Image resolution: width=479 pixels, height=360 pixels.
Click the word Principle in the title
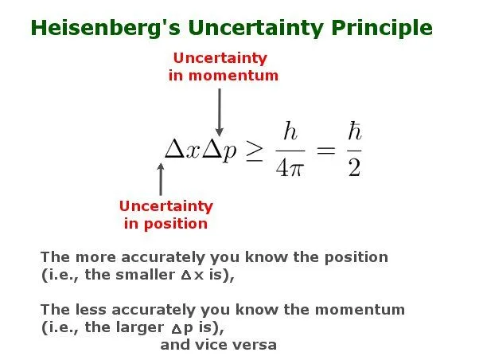click(381, 28)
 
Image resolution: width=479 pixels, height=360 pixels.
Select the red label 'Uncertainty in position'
click(166, 214)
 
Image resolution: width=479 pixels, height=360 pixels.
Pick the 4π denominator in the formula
click(291, 168)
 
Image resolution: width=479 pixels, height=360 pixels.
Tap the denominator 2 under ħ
click(353, 168)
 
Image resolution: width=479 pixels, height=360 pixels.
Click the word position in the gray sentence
click(350, 257)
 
